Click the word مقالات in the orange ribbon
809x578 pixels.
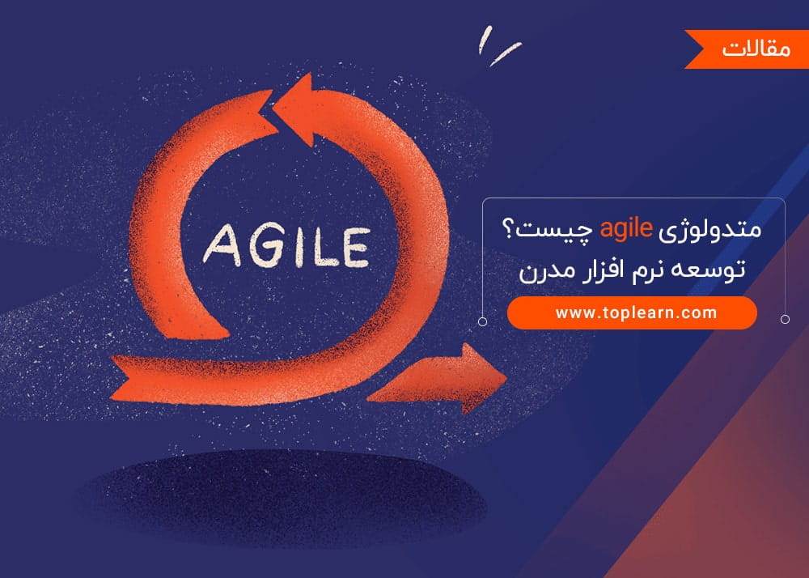[x=756, y=49]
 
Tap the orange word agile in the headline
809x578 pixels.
[x=626, y=228]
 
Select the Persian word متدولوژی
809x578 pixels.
[x=711, y=229]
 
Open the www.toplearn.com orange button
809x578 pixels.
[x=632, y=312]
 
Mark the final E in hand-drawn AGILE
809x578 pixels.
[x=356, y=248]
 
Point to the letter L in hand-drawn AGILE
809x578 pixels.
[x=325, y=247]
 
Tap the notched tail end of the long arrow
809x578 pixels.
[x=120, y=378]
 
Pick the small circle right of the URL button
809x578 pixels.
[x=785, y=320]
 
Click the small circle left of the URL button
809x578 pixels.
[x=482, y=321]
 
